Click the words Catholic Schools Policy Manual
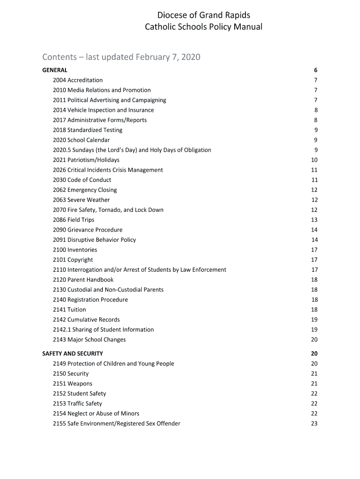pyautogui.click(x=203, y=27)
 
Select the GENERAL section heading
pyautogui.click(x=55, y=70)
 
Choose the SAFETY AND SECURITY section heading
pyautogui.click(x=72, y=354)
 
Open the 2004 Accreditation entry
pyautogui.click(x=78, y=80)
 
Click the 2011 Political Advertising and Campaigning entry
pyautogui.click(x=109, y=100)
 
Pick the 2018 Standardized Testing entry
pyautogui.click(x=87, y=130)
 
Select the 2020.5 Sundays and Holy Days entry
pyautogui.click(x=132, y=150)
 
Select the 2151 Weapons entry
pyautogui.click(x=72, y=384)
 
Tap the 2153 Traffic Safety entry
pyautogui.click(x=77, y=404)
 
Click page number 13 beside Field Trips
pyautogui.click(x=314, y=220)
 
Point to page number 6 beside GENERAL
pyautogui.click(x=316, y=70)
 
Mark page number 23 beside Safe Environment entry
pyautogui.click(x=314, y=424)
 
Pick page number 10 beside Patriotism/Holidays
pyautogui.click(x=314, y=160)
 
